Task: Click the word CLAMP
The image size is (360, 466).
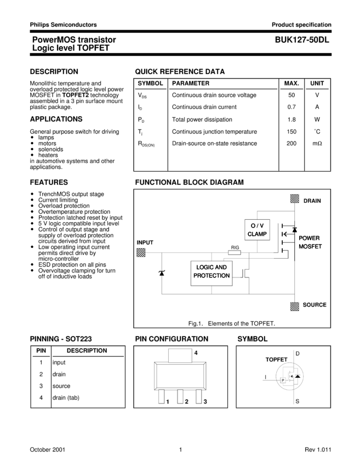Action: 257,234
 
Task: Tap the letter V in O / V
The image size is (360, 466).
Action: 261,226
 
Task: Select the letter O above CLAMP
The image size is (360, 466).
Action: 253,226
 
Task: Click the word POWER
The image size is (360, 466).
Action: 309,238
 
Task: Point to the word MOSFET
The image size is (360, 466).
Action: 310,246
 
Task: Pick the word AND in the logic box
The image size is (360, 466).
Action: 221,268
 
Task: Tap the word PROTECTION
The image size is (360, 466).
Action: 212,276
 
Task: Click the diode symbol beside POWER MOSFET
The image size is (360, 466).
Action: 294,230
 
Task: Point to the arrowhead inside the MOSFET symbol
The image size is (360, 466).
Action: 283,235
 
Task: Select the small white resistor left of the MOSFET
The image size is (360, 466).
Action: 235,252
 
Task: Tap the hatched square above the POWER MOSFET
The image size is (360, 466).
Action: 295,198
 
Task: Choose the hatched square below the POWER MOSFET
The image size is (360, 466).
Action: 295,306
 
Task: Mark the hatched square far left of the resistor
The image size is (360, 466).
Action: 140,252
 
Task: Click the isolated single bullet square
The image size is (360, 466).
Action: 32,247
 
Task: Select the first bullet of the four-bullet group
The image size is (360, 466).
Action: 32,137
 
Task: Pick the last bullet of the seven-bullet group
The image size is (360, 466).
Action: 32,229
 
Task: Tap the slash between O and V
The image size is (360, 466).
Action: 257,226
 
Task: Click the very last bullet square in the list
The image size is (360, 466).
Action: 32,270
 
